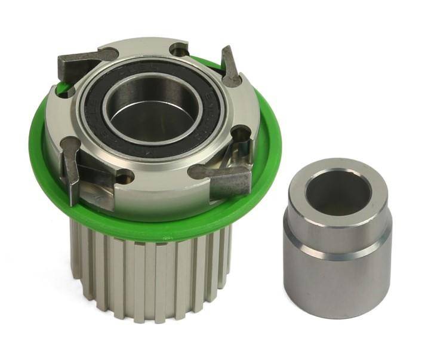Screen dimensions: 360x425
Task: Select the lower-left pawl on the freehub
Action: [x=72, y=167]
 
